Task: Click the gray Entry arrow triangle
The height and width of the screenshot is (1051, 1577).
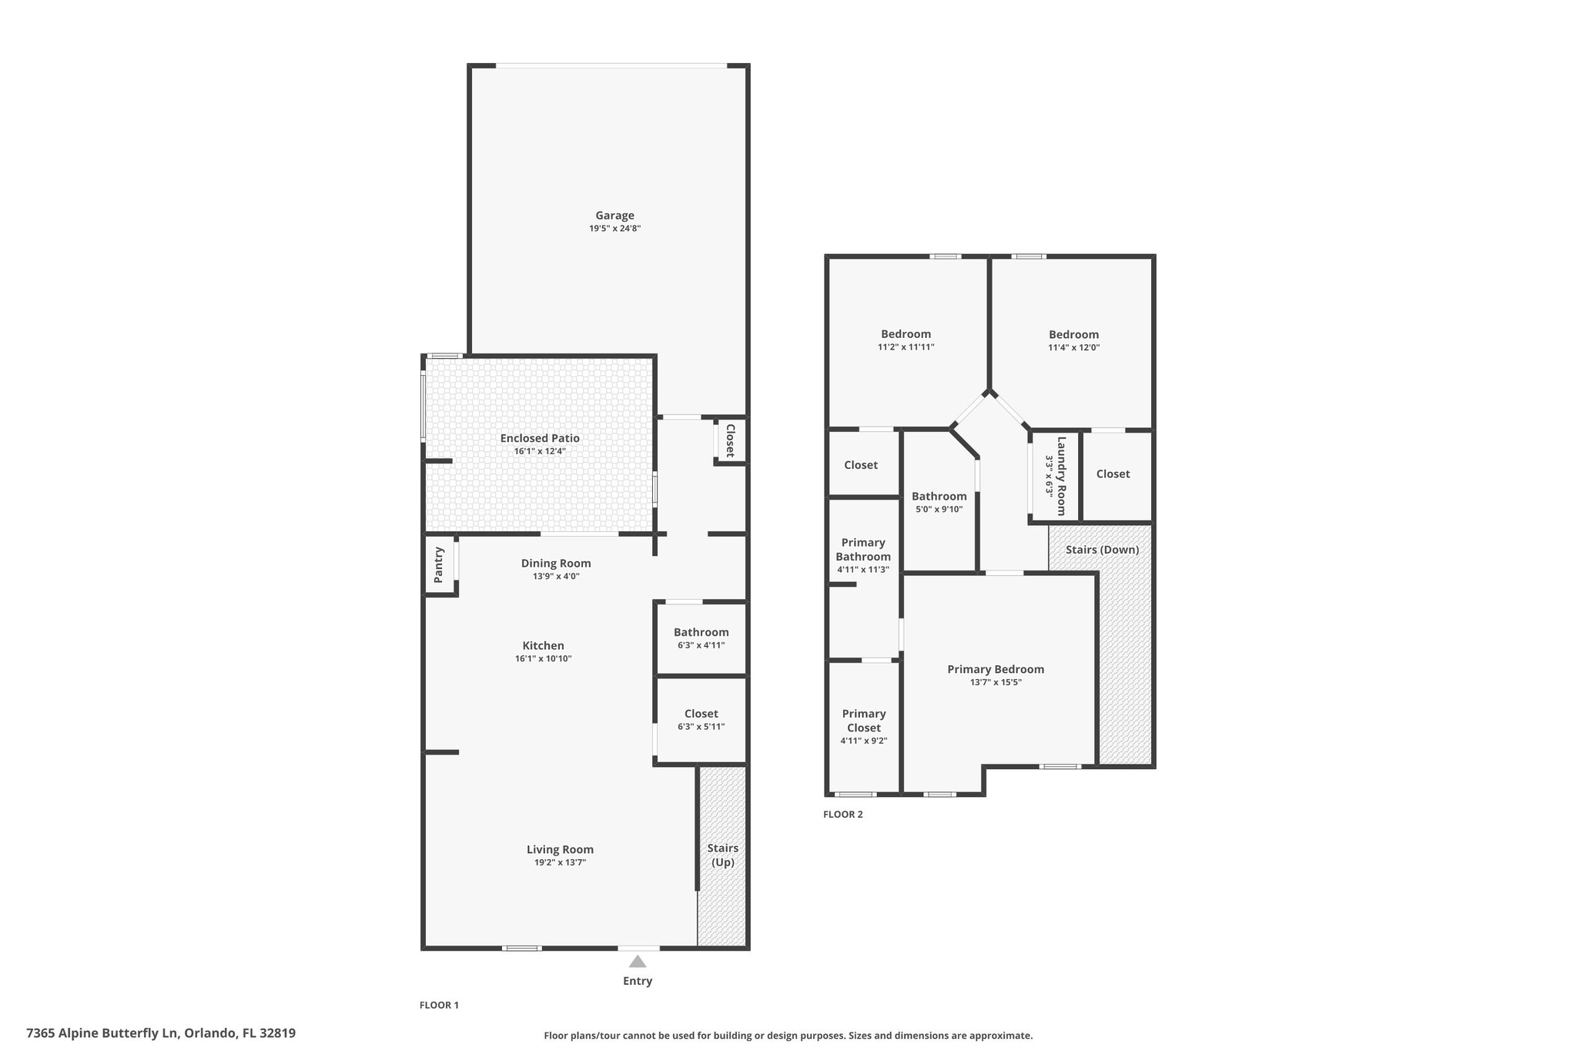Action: pos(638,961)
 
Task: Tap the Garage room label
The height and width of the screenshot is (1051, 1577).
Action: pos(614,216)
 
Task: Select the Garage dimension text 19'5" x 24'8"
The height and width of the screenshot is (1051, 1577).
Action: pos(615,229)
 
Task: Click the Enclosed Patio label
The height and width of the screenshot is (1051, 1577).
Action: pos(540,438)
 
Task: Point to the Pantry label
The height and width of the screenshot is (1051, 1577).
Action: pos(439,565)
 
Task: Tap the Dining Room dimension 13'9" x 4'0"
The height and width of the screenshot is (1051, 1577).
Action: pos(556,576)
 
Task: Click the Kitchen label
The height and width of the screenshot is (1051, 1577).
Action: pos(544,646)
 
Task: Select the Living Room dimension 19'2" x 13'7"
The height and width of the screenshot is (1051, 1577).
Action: pos(561,862)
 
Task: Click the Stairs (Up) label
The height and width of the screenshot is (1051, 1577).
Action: pos(723,855)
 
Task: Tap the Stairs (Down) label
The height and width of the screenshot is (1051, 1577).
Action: pos(1103,550)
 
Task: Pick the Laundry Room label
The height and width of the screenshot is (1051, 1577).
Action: pos(1061,476)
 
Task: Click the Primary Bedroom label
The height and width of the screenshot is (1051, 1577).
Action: pos(996,669)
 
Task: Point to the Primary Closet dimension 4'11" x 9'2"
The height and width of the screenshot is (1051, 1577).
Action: pos(864,741)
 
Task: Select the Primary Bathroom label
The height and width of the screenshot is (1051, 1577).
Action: pos(863,550)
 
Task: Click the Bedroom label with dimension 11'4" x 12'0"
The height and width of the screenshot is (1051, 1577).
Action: pos(1073,334)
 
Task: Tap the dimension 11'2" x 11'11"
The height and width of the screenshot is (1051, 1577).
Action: pos(906,347)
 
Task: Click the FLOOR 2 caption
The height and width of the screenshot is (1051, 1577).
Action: pos(843,815)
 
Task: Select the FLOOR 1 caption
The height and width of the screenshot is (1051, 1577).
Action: pos(439,1005)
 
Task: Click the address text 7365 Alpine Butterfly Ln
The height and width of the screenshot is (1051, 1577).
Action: pos(102,1033)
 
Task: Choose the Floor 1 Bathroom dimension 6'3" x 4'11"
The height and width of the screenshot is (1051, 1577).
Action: pos(701,645)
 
